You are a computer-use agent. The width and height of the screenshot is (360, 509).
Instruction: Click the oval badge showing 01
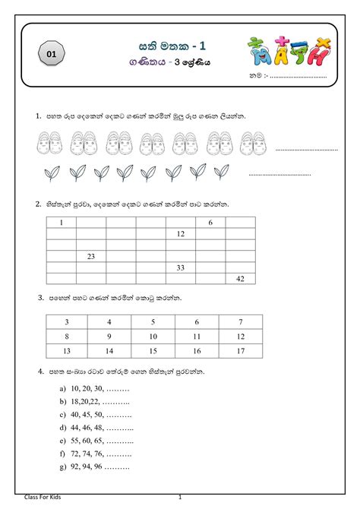click(x=51, y=54)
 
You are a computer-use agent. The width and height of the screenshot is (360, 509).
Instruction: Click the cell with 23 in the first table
click(x=90, y=257)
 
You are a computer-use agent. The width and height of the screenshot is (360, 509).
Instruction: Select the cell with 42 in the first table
click(x=240, y=279)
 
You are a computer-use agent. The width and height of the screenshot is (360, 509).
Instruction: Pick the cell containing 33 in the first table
click(x=180, y=267)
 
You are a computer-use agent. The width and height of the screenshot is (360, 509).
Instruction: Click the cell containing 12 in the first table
click(x=180, y=234)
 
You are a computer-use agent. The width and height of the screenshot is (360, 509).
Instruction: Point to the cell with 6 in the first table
click(x=210, y=223)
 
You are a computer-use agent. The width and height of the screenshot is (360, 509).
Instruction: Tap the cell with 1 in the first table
click(x=62, y=223)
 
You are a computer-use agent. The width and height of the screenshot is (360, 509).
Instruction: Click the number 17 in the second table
click(x=240, y=351)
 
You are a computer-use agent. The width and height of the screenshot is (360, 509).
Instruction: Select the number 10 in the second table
click(x=153, y=336)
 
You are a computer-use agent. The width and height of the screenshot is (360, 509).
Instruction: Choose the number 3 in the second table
click(x=67, y=322)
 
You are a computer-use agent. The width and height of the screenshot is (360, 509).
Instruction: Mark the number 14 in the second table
click(x=110, y=351)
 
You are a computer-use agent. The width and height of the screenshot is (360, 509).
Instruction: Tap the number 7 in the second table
click(x=240, y=322)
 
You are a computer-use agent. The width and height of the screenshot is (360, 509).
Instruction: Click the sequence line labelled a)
click(x=94, y=387)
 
